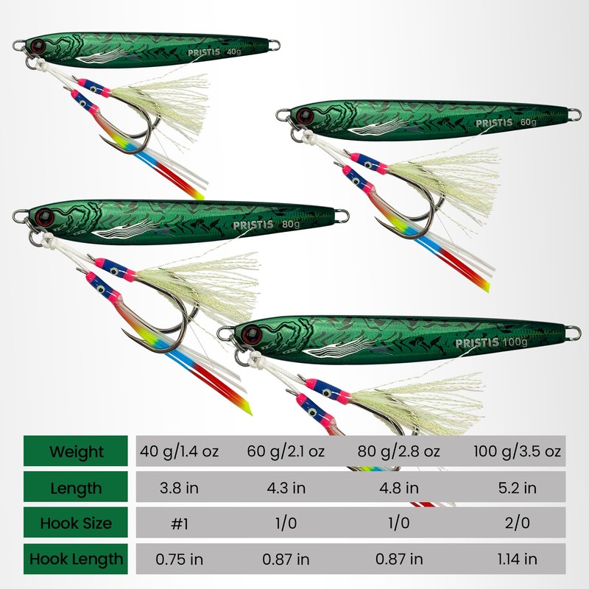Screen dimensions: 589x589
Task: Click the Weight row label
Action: [77, 451]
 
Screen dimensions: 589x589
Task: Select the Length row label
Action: [77, 487]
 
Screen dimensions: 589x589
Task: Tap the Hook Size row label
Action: [77, 523]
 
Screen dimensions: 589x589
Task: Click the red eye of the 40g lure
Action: [38, 47]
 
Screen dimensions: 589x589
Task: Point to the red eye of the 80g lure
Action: [43, 218]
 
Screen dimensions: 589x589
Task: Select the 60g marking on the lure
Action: [529, 122]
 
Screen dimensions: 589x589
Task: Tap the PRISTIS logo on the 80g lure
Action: [253, 225]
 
